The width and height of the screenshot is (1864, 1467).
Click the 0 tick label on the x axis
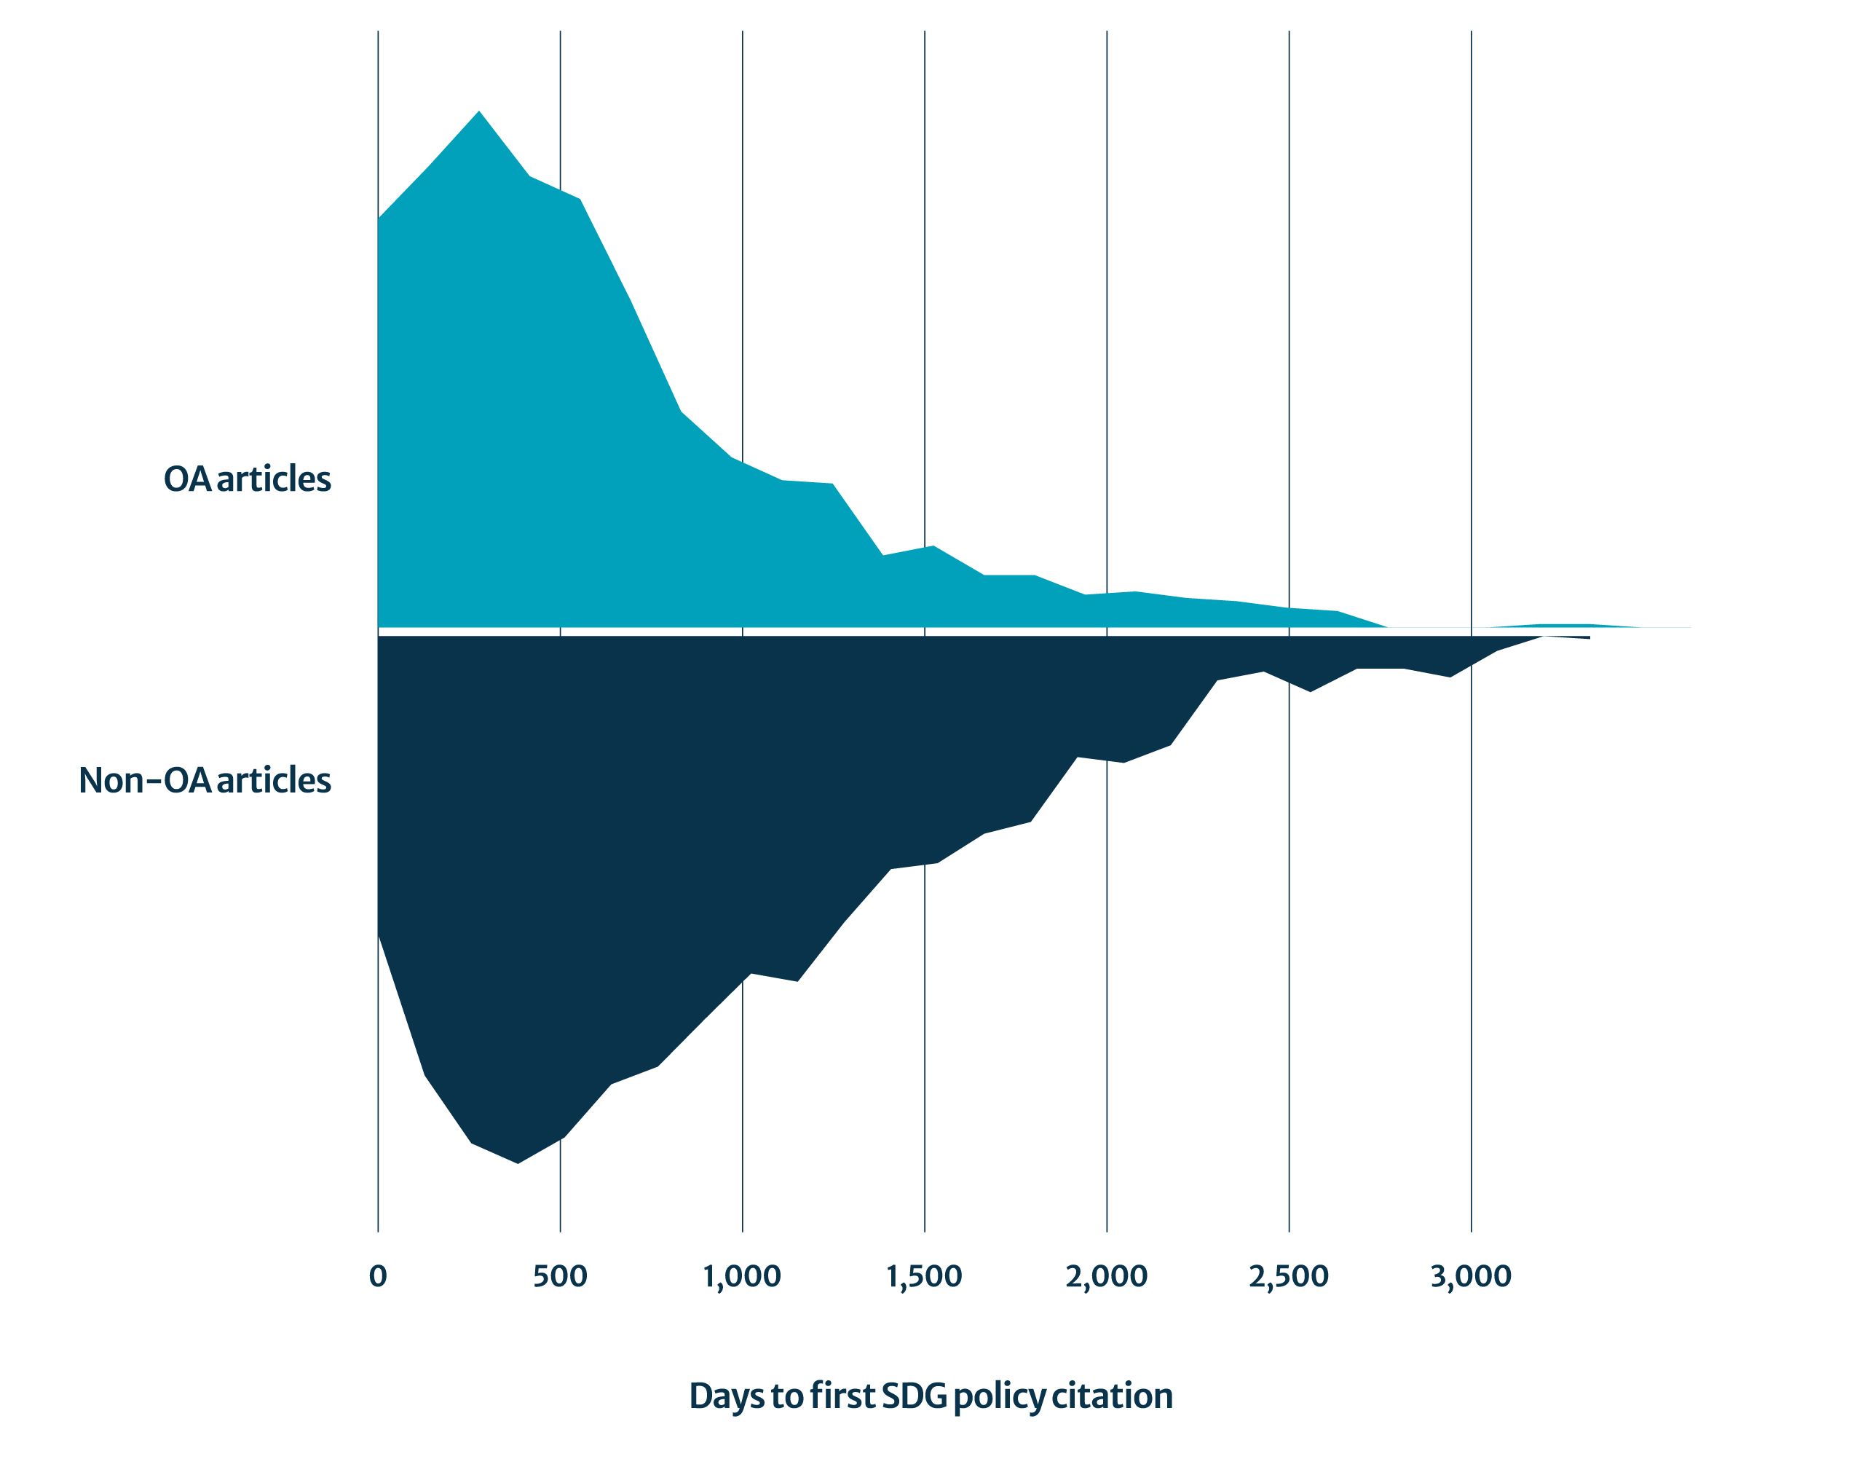377,1277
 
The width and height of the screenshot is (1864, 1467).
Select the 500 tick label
560,1277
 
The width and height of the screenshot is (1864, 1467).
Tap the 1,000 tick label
742,1277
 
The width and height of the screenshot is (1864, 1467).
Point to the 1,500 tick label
924,1277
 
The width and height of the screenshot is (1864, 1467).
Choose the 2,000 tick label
1106,1277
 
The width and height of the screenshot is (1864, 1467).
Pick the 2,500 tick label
1288,1277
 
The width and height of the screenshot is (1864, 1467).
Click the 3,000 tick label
1471,1277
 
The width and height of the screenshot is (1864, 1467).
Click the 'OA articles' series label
248,479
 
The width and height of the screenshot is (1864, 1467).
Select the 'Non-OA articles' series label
205,781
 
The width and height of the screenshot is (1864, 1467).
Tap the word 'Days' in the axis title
727,1396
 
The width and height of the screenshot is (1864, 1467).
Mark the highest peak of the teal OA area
479,111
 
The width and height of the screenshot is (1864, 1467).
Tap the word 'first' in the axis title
843,1396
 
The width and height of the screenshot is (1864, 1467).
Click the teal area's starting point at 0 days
379,220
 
